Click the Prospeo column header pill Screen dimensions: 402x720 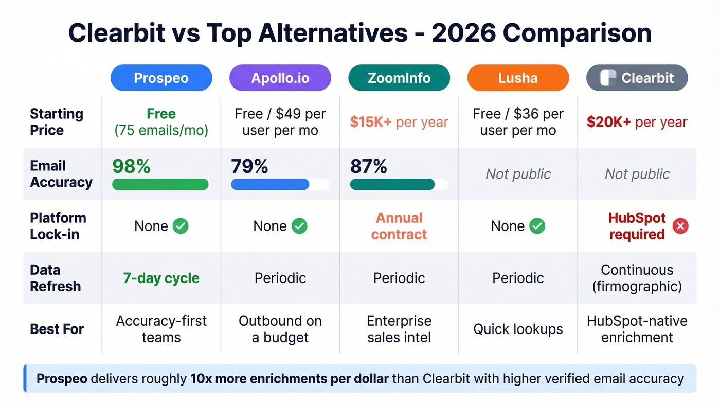tap(161, 78)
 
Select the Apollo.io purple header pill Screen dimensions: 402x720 tap(280, 78)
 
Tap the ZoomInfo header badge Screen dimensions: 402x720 tap(399, 78)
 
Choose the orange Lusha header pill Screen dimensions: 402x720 tap(518, 78)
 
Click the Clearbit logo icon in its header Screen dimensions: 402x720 tap(608, 78)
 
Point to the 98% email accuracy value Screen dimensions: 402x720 tap(131, 166)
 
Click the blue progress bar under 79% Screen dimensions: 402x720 tap(270, 184)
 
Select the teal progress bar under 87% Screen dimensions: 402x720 tap(392, 184)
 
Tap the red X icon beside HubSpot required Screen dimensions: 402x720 tap(680, 226)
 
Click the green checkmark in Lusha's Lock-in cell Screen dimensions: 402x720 tap(537, 226)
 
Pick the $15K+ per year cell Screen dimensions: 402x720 tap(399, 122)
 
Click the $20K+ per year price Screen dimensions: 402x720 tap(637, 122)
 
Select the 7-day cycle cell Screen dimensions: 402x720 tap(161, 278)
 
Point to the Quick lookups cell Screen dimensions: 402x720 tap(518, 329)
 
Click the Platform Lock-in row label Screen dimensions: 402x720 tap(58, 226)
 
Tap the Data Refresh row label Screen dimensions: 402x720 tap(55, 278)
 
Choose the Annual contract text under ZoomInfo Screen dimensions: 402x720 tap(399, 226)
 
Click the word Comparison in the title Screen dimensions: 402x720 tap(577, 33)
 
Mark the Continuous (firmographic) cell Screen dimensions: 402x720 tap(637, 278)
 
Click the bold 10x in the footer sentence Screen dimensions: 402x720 tap(202, 379)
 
